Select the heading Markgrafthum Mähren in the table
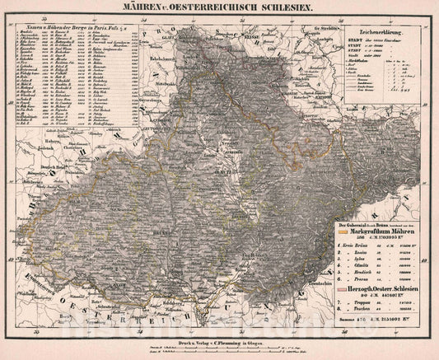tap(384, 233)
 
